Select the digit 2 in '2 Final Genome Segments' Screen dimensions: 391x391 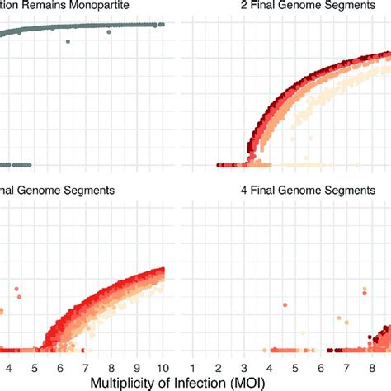[x=234, y=7]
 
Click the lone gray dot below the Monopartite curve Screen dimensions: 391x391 [x=68, y=41]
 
